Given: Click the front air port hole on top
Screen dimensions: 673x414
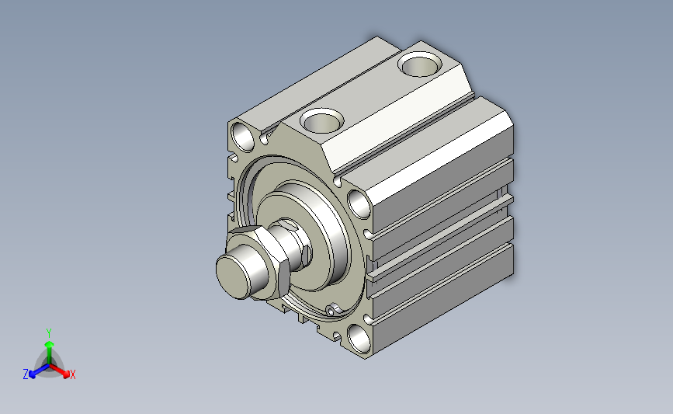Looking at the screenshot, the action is (322, 120).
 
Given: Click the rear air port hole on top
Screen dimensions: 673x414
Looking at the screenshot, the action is (420, 64).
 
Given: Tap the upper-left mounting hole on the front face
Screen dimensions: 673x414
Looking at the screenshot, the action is (243, 136).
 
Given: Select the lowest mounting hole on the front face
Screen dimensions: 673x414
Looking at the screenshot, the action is (359, 339).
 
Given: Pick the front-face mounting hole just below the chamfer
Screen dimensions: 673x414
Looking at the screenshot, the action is (359, 204).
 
